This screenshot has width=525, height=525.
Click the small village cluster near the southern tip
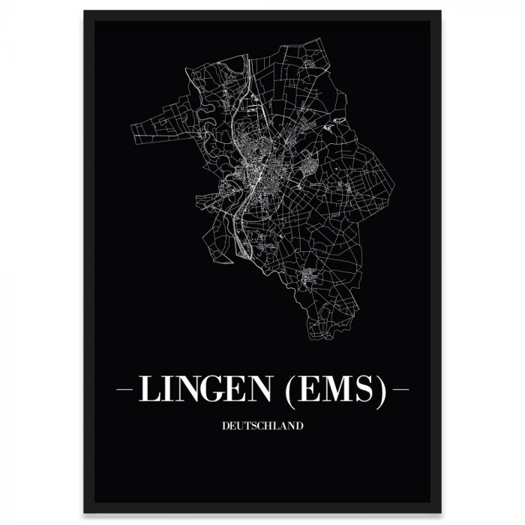pos(308,278)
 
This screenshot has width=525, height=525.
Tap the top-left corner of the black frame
pos(85,12)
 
